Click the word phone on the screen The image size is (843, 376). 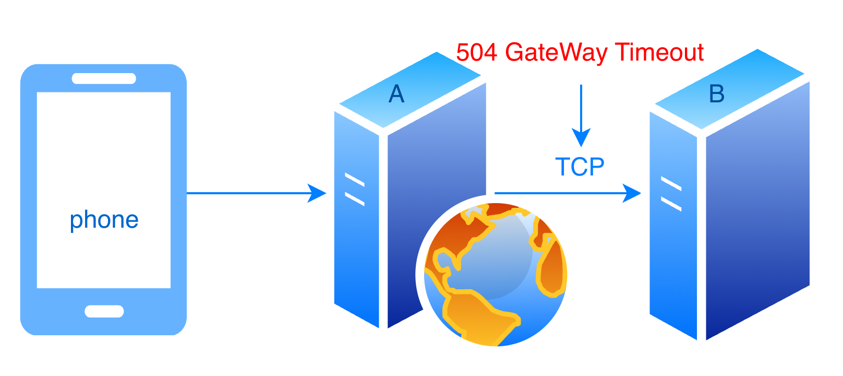pos(104,220)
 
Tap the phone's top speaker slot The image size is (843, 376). pos(104,78)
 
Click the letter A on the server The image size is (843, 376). pos(396,94)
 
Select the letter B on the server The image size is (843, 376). pos(717,94)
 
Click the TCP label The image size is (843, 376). pos(580,167)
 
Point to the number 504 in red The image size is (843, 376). pos(477,52)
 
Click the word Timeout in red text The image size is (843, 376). pos(660,52)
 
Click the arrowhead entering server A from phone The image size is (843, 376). pos(317,193)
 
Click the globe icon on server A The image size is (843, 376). pos(496,275)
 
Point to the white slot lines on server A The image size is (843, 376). pos(355,190)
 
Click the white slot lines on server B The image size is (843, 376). pos(671,193)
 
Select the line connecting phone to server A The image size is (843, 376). pos(245,193)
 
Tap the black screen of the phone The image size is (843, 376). pos(104,157)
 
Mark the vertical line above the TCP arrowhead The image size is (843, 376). pos(581,104)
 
